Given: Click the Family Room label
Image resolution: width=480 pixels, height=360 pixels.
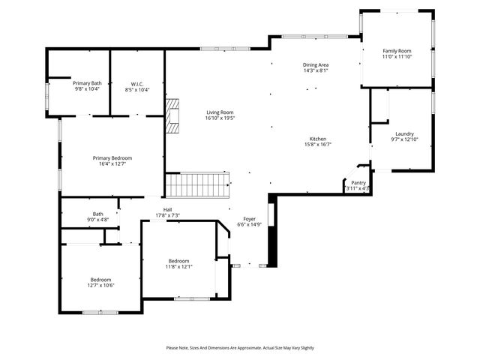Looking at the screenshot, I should pos(397,51).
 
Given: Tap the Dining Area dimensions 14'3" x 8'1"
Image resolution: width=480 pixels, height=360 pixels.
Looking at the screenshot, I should pos(315,71).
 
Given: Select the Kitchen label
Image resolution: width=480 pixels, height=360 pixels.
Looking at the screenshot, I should pos(318,139).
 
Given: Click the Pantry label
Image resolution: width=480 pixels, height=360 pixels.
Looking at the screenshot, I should pos(358,183).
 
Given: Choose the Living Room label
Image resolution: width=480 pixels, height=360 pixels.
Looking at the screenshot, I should pos(220,112).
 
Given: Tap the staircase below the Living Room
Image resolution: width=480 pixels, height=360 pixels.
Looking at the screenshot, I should pos(197,183).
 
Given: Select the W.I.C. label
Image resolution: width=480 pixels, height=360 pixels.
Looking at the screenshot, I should pos(137,84).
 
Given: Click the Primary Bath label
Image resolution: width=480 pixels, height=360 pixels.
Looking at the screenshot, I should pos(87,83).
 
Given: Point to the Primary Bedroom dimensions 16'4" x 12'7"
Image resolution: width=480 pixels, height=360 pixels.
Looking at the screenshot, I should pos(112,164).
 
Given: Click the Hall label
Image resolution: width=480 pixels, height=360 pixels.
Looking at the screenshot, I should pos(167,210).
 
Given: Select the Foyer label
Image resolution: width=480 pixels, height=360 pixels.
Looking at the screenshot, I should pos(248,219).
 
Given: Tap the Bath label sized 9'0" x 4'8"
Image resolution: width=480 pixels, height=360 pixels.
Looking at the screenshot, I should pos(98,214).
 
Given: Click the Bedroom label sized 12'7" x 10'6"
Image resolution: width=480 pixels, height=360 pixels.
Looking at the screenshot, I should pos(100,280).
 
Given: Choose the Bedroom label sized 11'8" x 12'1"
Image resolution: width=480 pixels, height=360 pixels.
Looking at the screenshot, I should pos(178,260).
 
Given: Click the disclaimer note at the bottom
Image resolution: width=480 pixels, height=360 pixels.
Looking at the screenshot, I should pos(240,348).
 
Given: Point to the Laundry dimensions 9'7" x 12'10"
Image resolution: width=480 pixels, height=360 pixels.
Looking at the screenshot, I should pos(403,140).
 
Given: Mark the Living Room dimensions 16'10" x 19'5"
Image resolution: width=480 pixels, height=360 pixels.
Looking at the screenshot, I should pos(220,118).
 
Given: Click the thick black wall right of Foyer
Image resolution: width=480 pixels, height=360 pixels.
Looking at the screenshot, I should pos(272,232).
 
